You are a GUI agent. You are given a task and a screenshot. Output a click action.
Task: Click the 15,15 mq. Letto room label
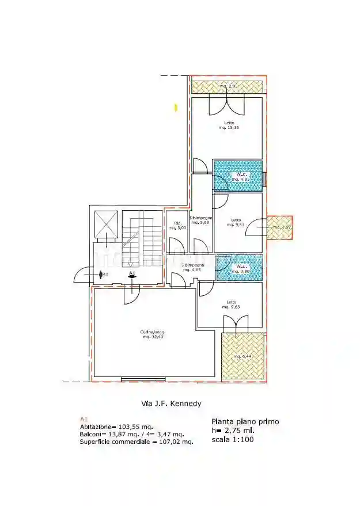[x=229, y=125]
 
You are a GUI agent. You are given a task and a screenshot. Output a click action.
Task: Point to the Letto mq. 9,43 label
[x=236, y=222]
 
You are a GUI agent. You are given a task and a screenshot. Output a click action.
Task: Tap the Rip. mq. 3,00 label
[x=175, y=226]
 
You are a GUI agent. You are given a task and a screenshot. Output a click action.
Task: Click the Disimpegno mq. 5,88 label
[x=201, y=220]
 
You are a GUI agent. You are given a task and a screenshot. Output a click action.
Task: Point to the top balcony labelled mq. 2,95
[x=228, y=86]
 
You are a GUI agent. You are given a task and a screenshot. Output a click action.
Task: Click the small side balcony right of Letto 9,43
[x=282, y=227]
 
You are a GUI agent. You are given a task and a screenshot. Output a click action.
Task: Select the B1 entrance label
[x=104, y=275]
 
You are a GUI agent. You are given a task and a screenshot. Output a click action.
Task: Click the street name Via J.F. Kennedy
[x=172, y=404]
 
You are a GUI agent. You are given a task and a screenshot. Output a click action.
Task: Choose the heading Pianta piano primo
[x=245, y=421]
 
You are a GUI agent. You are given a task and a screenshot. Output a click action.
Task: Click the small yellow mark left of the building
[x=176, y=107]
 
